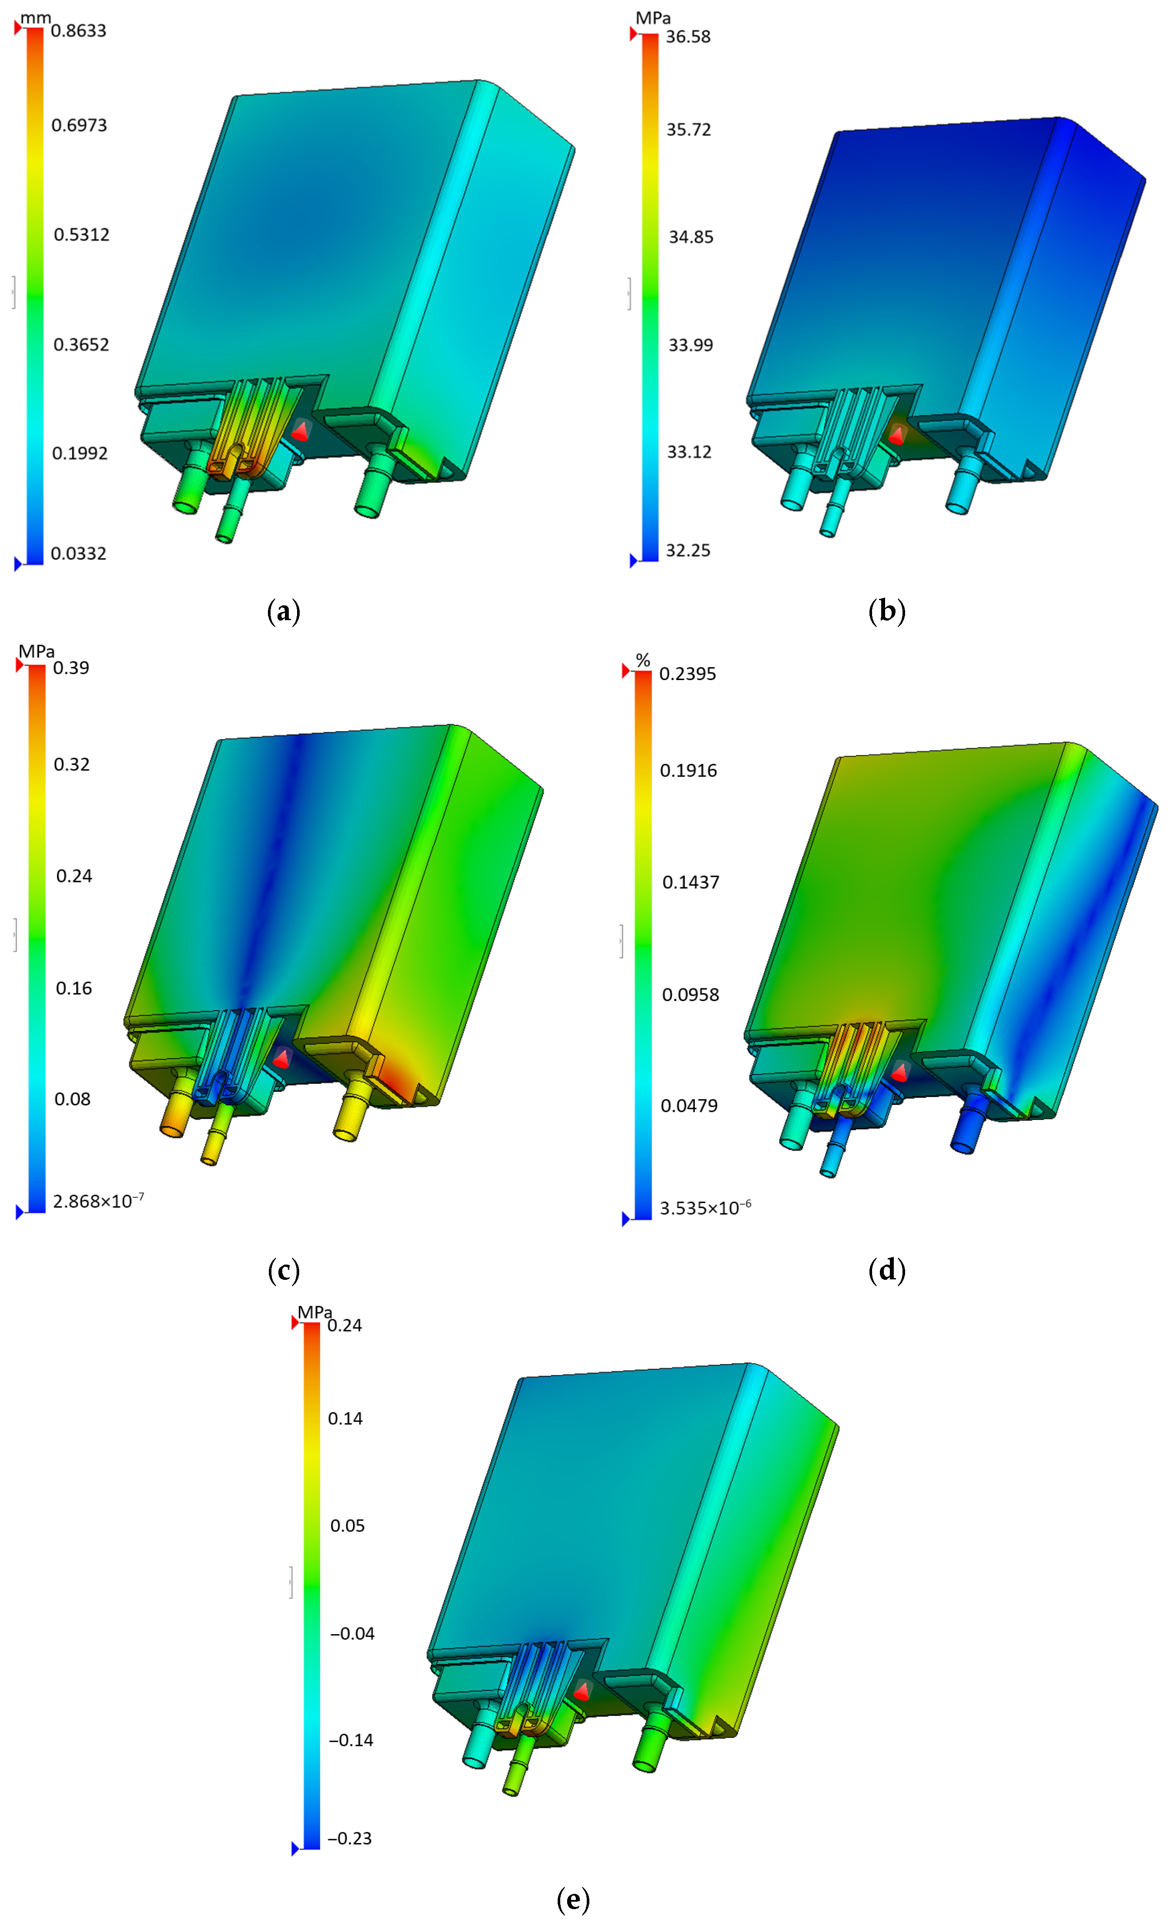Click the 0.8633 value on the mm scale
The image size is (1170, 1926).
[78, 30]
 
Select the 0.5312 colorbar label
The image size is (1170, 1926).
[81, 235]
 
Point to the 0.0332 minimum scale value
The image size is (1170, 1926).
[78, 553]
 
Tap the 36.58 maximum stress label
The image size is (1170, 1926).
[688, 37]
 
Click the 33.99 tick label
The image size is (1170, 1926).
[690, 345]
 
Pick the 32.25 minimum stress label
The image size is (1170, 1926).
[688, 550]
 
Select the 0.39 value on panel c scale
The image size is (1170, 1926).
[71, 667]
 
